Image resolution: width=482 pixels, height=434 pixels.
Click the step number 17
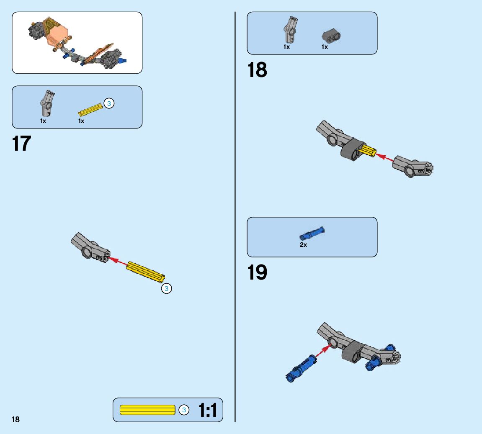click(22, 144)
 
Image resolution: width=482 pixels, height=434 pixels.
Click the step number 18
click(257, 70)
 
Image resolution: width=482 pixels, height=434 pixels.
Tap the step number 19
click(257, 272)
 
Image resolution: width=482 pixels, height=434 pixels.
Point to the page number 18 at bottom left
click(15, 419)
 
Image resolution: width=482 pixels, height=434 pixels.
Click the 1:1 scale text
click(208, 410)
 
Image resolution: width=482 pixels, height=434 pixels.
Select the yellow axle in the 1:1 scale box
click(147, 410)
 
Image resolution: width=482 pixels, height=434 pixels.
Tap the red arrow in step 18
click(385, 157)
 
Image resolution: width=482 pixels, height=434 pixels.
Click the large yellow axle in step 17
click(146, 272)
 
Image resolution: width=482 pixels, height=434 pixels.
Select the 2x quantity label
click(303, 245)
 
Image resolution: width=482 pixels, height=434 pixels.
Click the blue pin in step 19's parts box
click(312, 233)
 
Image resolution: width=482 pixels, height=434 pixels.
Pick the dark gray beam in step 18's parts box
click(331, 36)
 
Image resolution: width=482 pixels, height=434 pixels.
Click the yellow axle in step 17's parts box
click(90, 110)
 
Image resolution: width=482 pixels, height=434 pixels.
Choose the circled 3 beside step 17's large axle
click(166, 288)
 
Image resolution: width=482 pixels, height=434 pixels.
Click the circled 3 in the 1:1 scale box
click(183, 410)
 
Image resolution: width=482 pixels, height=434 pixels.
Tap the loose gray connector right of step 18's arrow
click(412, 167)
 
